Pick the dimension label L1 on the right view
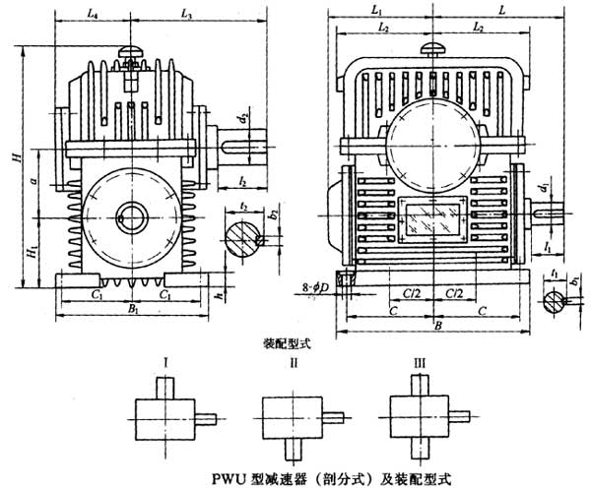[x=378, y=9]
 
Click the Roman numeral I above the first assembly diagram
[x=165, y=363]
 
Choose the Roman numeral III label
[x=421, y=363]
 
